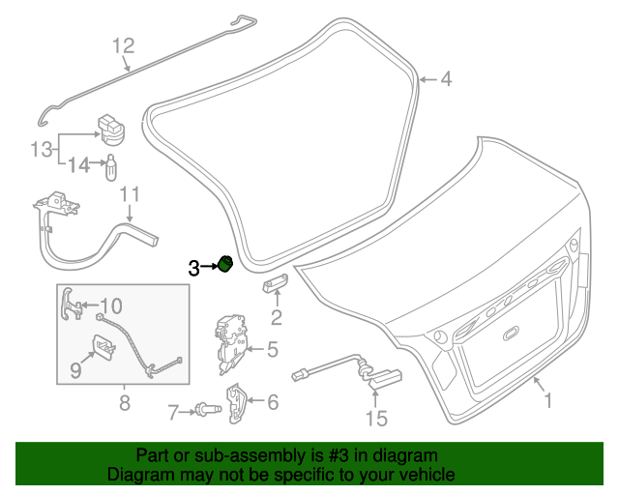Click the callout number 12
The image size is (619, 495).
tap(125, 45)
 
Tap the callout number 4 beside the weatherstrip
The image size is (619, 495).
tap(446, 80)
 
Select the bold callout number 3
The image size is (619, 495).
tap(194, 268)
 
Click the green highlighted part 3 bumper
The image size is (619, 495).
tap(225, 263)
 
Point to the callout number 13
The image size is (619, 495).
tap(40, 150)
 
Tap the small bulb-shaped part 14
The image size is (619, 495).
tap(111, 167)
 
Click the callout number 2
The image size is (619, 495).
tap(277, 317)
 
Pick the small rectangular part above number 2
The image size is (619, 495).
tap(275, 282)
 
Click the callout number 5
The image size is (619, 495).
tap(273, 349)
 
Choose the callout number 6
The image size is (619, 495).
tap(273, 401)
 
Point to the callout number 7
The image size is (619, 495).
tap(173, 414)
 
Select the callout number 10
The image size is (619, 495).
tap(110, 306)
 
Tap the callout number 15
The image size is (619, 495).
tap(375, 418)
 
